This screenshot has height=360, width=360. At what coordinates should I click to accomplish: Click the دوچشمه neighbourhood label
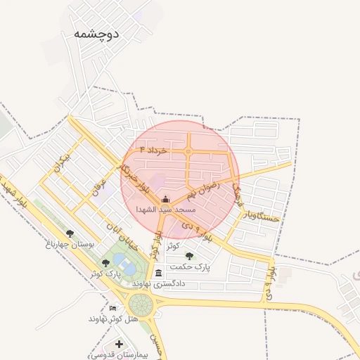96,34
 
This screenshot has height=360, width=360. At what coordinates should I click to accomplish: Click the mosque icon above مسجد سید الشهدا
165,200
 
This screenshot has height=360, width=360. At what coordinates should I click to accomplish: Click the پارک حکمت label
193,267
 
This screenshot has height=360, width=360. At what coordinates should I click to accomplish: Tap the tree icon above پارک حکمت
190,257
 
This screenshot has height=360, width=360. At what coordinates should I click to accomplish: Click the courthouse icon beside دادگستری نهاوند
159,273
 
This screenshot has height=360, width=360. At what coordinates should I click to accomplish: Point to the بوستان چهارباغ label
69,245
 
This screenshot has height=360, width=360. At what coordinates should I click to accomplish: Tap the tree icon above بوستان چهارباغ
69,233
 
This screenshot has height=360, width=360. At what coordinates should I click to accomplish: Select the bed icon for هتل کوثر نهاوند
113,308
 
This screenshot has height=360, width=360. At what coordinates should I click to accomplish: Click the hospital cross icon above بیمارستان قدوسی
120,345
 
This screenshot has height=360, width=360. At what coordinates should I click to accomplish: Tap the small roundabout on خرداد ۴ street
188,151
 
